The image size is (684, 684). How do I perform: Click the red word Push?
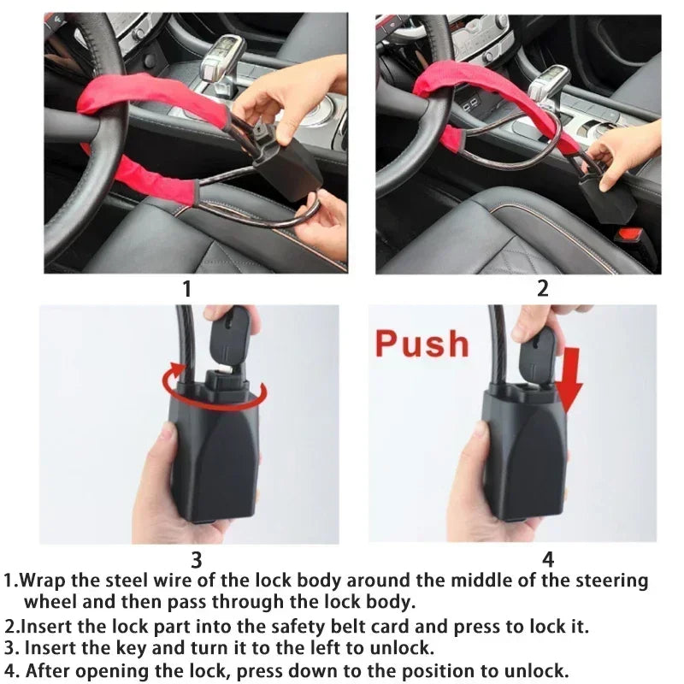[422, 344]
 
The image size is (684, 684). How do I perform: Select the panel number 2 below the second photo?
[542, 289]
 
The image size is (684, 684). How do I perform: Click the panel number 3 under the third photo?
[196, 560]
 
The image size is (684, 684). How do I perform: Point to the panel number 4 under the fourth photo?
[548, 560]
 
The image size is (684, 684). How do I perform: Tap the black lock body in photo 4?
[523, 462]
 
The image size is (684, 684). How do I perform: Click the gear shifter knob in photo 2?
[547, 81]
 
